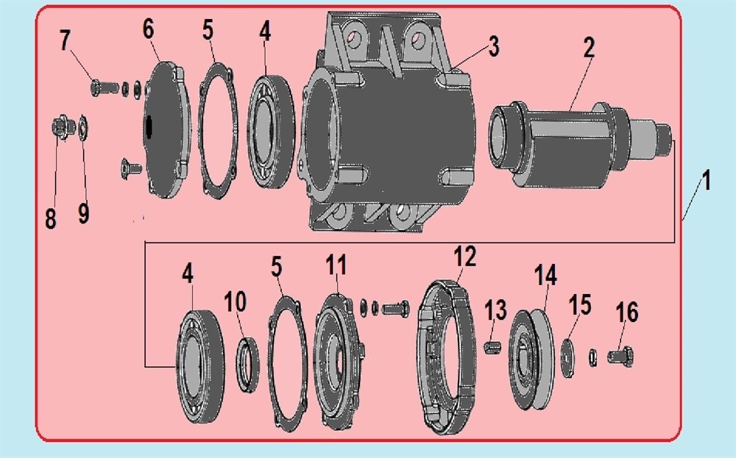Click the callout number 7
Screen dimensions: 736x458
[65, 40]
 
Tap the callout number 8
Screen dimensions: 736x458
[51, 218]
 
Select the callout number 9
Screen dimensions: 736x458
[84, 213]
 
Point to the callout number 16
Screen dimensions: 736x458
[627, 312]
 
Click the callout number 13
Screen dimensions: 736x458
[495, 309]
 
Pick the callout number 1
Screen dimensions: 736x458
[706, 181]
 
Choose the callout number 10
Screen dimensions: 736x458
[236, 301]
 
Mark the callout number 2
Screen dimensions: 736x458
[589, 47]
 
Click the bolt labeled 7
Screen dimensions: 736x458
[105, 87]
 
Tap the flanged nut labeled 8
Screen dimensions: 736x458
[63, 127]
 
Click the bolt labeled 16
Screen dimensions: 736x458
[620, 357]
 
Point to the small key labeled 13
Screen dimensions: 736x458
[492, 348]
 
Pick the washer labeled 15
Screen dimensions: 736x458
[567, 358]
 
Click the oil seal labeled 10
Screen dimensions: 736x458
[247, 364]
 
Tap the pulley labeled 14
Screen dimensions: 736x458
[531, 359]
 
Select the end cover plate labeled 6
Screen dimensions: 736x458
[167, 129]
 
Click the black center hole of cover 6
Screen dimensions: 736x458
[149, 127]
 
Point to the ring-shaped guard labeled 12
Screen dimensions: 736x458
[446, 357]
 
